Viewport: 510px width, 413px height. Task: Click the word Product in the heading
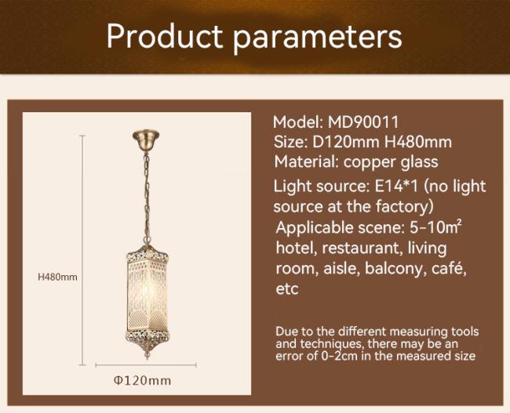[165, 36]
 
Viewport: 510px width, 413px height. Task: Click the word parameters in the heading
[318, 38]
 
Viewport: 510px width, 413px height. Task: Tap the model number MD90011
[363, 122]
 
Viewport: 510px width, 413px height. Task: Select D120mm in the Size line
[346, 142]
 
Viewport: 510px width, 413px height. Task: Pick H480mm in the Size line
[418, 142]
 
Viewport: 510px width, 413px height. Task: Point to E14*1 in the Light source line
[396, 187]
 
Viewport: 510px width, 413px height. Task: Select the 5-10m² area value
[435, 227]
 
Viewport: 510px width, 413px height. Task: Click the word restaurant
[361, 248]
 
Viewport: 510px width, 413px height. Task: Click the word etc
[287, 289]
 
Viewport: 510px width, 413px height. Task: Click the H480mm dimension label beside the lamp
[57, 277]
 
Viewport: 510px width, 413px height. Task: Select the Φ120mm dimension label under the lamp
[143, 380]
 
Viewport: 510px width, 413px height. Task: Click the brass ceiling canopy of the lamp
[146, 139]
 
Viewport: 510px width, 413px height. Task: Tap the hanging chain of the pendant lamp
[147, 197]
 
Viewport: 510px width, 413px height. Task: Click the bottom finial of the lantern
[148, 352]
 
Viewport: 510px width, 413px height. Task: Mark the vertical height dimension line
[82, 250]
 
